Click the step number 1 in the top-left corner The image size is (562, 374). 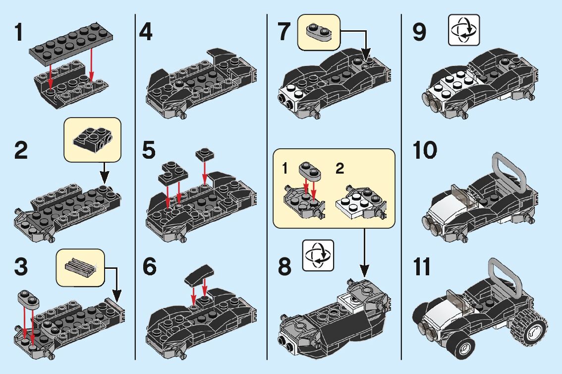[18, 33]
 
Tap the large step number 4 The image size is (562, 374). [145, 33]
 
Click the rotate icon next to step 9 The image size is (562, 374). [464, 30]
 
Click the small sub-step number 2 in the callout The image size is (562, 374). [339, 169]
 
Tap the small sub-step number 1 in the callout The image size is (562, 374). [285, 169]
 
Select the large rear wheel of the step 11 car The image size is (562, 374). [530, 329]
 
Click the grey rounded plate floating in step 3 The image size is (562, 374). [29, 298]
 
